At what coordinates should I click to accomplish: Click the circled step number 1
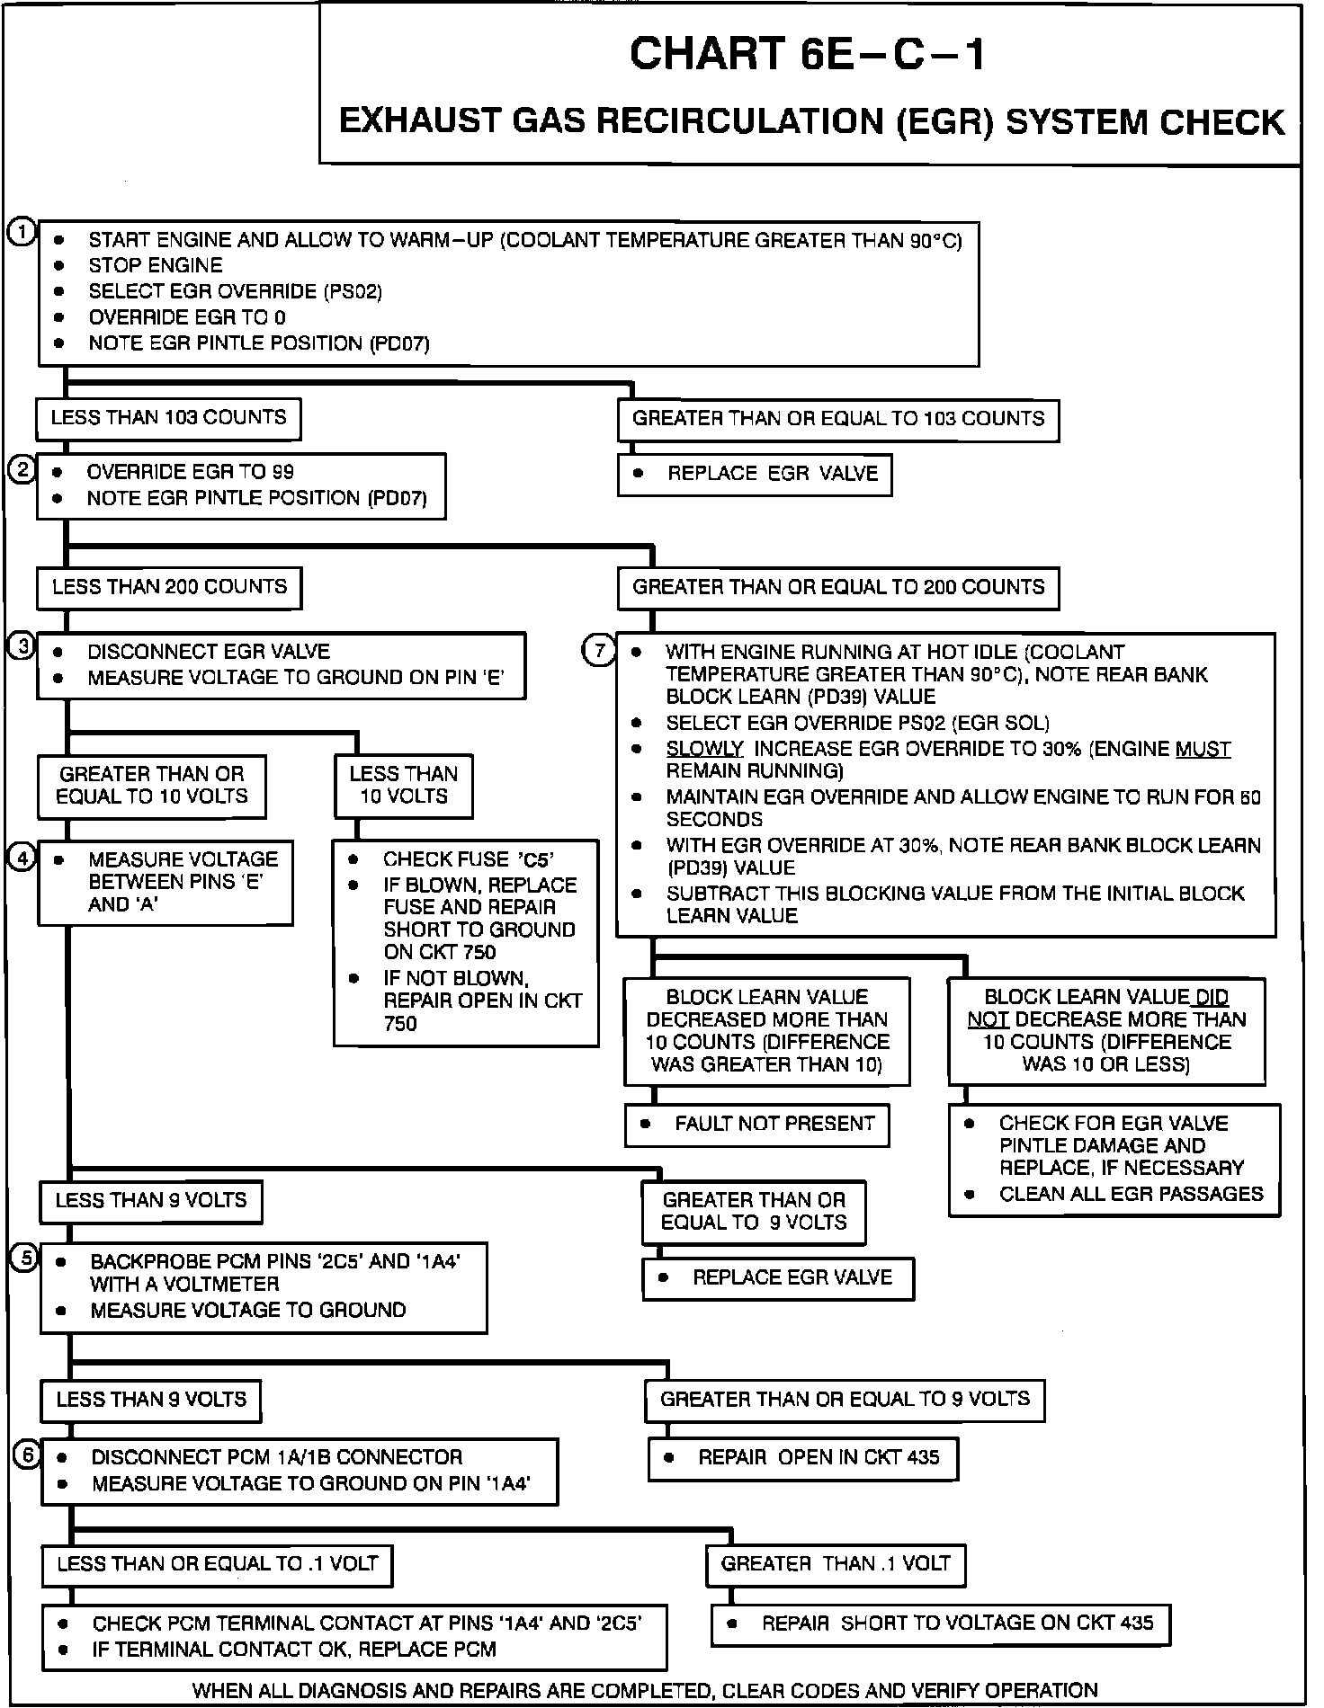click(x=22, y=232)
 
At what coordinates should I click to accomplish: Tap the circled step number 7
click(x=600, y=650)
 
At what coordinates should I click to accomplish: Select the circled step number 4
click(x=22, y=858)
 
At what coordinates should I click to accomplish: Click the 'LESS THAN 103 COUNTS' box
click(x=168, y=418)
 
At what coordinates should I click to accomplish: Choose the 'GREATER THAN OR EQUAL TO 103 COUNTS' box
click(x=837, y=419)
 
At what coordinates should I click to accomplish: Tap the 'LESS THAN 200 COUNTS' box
click(x=169, y=587)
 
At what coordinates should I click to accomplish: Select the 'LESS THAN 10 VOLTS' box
click(x=404, y=785)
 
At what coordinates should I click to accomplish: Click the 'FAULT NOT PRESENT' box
click(x=757, y=1124)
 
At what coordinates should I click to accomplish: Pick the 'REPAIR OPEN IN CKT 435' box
click(x=802, y=1457)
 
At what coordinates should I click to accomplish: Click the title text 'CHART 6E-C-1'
click(x=808, y=54)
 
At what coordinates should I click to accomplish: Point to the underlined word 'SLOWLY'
click(x=704, y=749)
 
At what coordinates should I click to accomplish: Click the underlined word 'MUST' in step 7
click(x=1203, y=749)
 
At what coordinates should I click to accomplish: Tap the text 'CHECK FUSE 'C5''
click(x=468, y=859)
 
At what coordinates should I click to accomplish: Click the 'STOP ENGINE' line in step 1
click(x=155, y=265)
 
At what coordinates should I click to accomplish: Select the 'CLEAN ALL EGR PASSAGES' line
click(x=1131, y=1194)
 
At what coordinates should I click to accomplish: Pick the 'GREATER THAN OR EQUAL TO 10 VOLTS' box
click(x=151, y=785)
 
